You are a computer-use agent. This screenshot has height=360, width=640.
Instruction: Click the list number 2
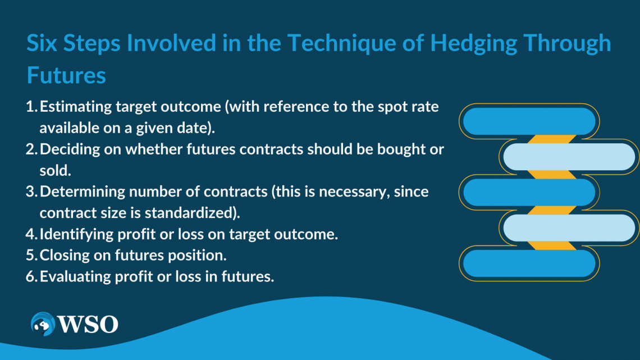[31, 149]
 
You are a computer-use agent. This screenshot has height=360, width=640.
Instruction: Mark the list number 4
[31, 234]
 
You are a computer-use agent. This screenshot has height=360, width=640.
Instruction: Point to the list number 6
[31, 277]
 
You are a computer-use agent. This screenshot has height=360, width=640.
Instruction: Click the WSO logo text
[88, 325]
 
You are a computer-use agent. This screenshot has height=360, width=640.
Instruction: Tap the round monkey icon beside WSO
[43, 324]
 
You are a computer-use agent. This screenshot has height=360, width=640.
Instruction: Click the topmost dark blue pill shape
[529, 121]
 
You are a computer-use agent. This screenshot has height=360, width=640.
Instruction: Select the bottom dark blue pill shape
[529, 263]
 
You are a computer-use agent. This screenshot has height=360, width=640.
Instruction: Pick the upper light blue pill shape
[569, 157]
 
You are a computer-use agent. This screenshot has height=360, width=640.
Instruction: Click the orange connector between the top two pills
[551, 139]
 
